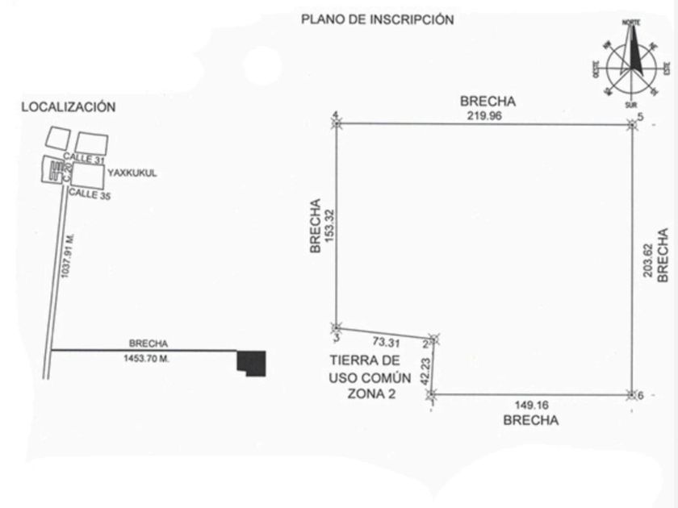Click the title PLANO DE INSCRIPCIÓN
pyautogui.click(x=377, y=19)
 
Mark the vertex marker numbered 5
pyautogui.click(x=632, y=123)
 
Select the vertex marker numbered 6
pyautogui.click(x=632, y=394)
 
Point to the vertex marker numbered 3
pyautogui.click(x=336, y=327)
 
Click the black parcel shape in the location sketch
pyautogui.click(x=252, y=363)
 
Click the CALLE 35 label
pyautogui.click(x=87, y=194)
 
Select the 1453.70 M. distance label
pyautogui.click(x=146, y=356)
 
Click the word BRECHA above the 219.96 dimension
pyautogui.click(x=487, y=102)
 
